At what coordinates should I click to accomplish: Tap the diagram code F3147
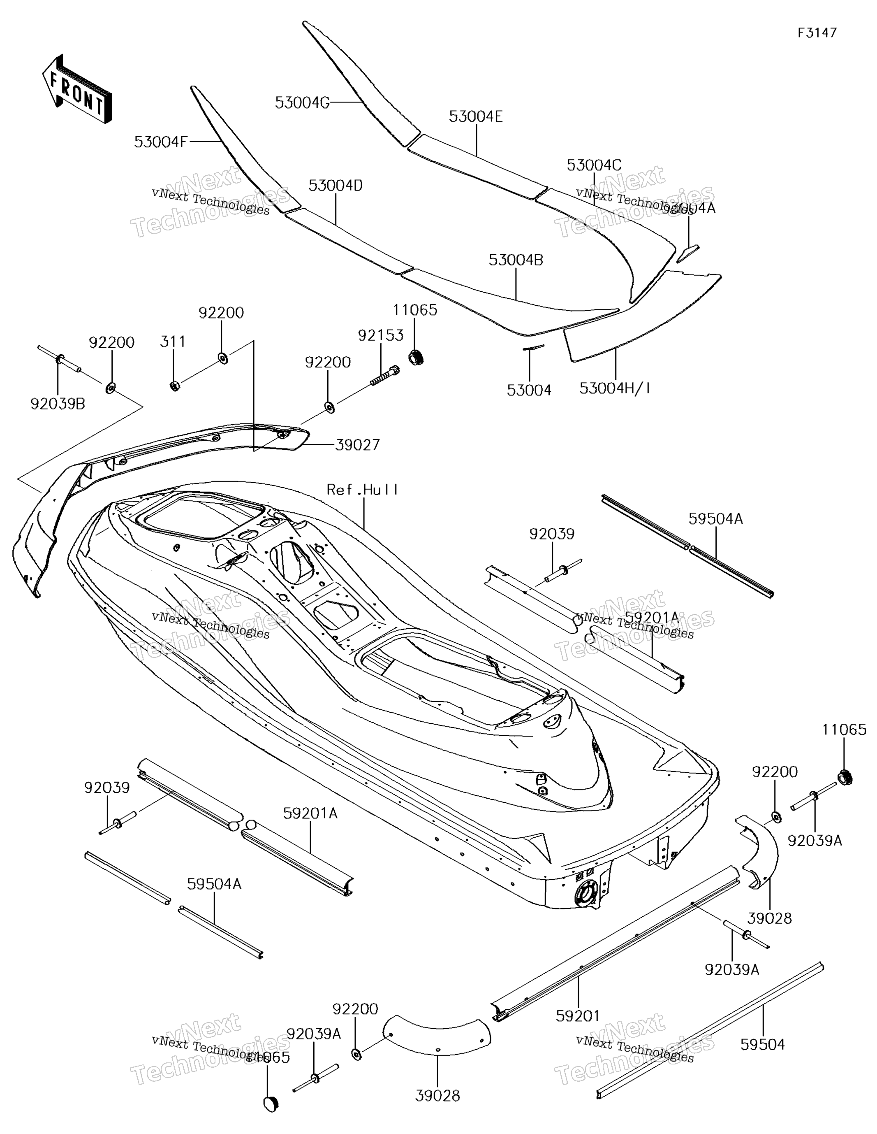point(817,33)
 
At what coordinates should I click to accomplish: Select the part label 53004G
point(302,103)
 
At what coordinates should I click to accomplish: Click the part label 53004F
point(160,142)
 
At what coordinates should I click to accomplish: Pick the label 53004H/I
point(615,388)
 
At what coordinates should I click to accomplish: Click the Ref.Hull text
point(363,490)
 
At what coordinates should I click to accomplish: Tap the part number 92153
point(380,335)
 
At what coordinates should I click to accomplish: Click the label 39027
point(358,444)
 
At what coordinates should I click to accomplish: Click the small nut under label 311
point(175,386)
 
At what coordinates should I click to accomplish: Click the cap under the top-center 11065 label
point(416,357)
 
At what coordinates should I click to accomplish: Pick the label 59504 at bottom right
point(762,1044)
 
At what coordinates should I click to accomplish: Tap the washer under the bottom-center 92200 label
point(356,1055)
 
